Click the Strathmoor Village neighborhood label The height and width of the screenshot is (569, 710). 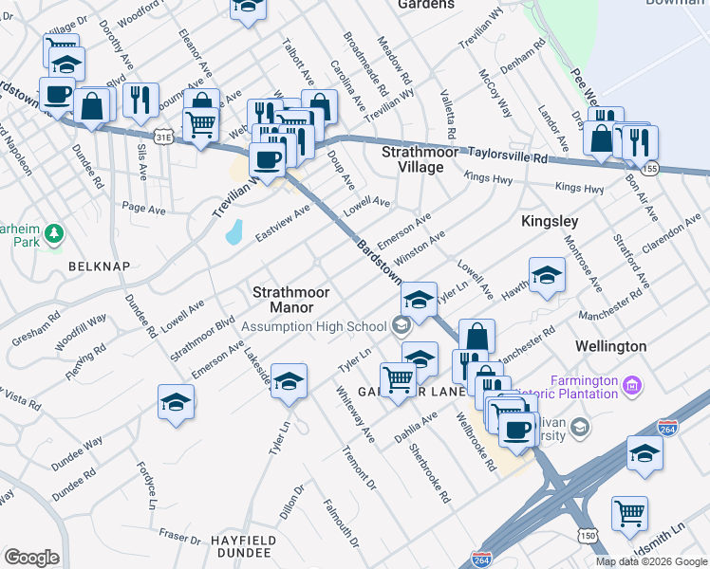[x=412, y=159]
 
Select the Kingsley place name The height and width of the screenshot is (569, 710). [x=550, y=221]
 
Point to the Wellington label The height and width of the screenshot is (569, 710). [x=610, y=346]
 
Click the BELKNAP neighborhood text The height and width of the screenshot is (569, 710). [x=99, y=266]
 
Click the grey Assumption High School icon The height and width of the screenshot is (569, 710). [x=401, y=326]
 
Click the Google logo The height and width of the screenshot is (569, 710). [x=32, y=557]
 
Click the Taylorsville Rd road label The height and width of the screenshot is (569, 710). [x=514, y=155]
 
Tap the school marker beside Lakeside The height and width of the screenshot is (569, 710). [x=290, y=380]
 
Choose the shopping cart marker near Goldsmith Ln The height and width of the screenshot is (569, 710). [x=629, y=513]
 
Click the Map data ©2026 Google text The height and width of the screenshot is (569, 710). [x=650, y=561]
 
